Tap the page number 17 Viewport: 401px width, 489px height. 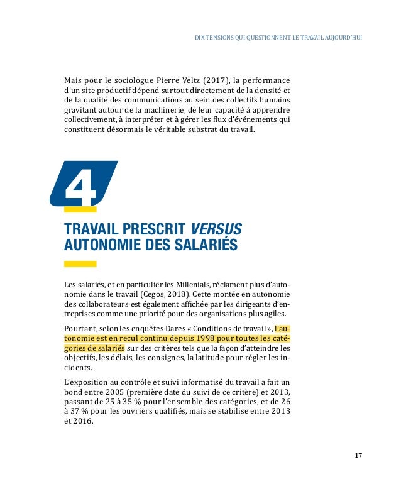click(x=358, y=455)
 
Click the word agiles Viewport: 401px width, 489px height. click(x=273, y=314)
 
